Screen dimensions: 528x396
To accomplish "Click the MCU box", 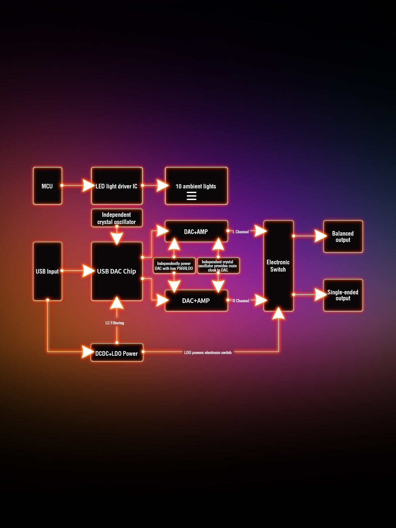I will point(47,186).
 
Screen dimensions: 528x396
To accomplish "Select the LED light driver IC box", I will point(117,186).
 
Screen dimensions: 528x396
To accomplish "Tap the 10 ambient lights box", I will point(196,186).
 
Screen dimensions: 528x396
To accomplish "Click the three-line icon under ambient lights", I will point(191,196).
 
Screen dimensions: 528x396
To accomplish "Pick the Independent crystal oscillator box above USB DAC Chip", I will point(117,218).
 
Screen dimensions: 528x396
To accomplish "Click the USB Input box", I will point(47,271).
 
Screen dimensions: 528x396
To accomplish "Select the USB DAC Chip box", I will point(117,271).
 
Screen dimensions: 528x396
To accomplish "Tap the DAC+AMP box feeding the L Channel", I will point(196,231).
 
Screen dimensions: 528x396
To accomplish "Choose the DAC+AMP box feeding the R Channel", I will point(196,301).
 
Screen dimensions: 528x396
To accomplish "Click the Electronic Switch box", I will point(278,266).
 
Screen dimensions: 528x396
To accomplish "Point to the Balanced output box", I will point(343,237).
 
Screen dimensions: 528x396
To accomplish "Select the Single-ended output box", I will point(343,295).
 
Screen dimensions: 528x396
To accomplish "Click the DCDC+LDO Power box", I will point(117,353).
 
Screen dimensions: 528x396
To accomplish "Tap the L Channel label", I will point(241,232).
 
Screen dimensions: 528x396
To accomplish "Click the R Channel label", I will point(241,301).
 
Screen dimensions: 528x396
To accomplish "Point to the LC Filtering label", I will point(115,323).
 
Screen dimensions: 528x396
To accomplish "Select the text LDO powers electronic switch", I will point(208,353).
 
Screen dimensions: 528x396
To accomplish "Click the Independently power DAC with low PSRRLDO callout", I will point(174,266).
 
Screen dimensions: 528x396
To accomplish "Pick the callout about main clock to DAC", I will point(218,266).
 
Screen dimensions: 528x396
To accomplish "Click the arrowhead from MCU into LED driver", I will point(88,185).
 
